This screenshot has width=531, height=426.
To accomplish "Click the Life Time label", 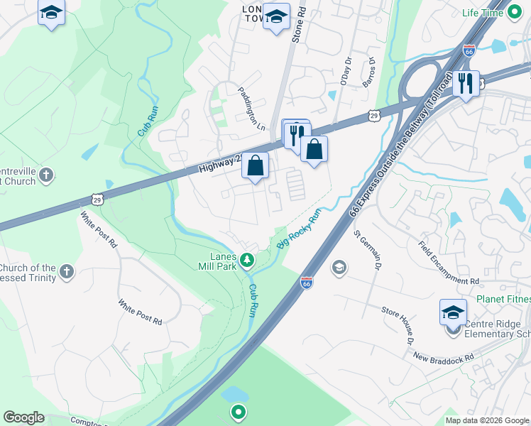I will point(482,13).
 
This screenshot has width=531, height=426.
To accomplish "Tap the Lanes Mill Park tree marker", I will point(247,260).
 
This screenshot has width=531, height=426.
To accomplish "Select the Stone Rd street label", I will point(299,25).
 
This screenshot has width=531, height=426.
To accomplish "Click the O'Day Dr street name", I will point(346,72).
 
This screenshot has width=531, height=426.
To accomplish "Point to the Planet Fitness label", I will point(503,300).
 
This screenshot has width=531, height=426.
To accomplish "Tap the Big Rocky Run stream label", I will point(300,228).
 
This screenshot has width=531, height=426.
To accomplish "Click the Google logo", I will point(23,417).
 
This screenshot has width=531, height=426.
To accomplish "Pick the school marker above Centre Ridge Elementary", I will point(454,312).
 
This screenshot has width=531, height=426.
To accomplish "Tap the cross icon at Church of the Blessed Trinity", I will point(67,271).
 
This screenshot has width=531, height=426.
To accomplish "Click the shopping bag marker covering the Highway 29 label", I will point(256,166).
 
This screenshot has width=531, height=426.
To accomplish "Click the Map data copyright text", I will point(487,420).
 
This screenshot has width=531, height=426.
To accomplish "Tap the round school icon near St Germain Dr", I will point(339,267).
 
